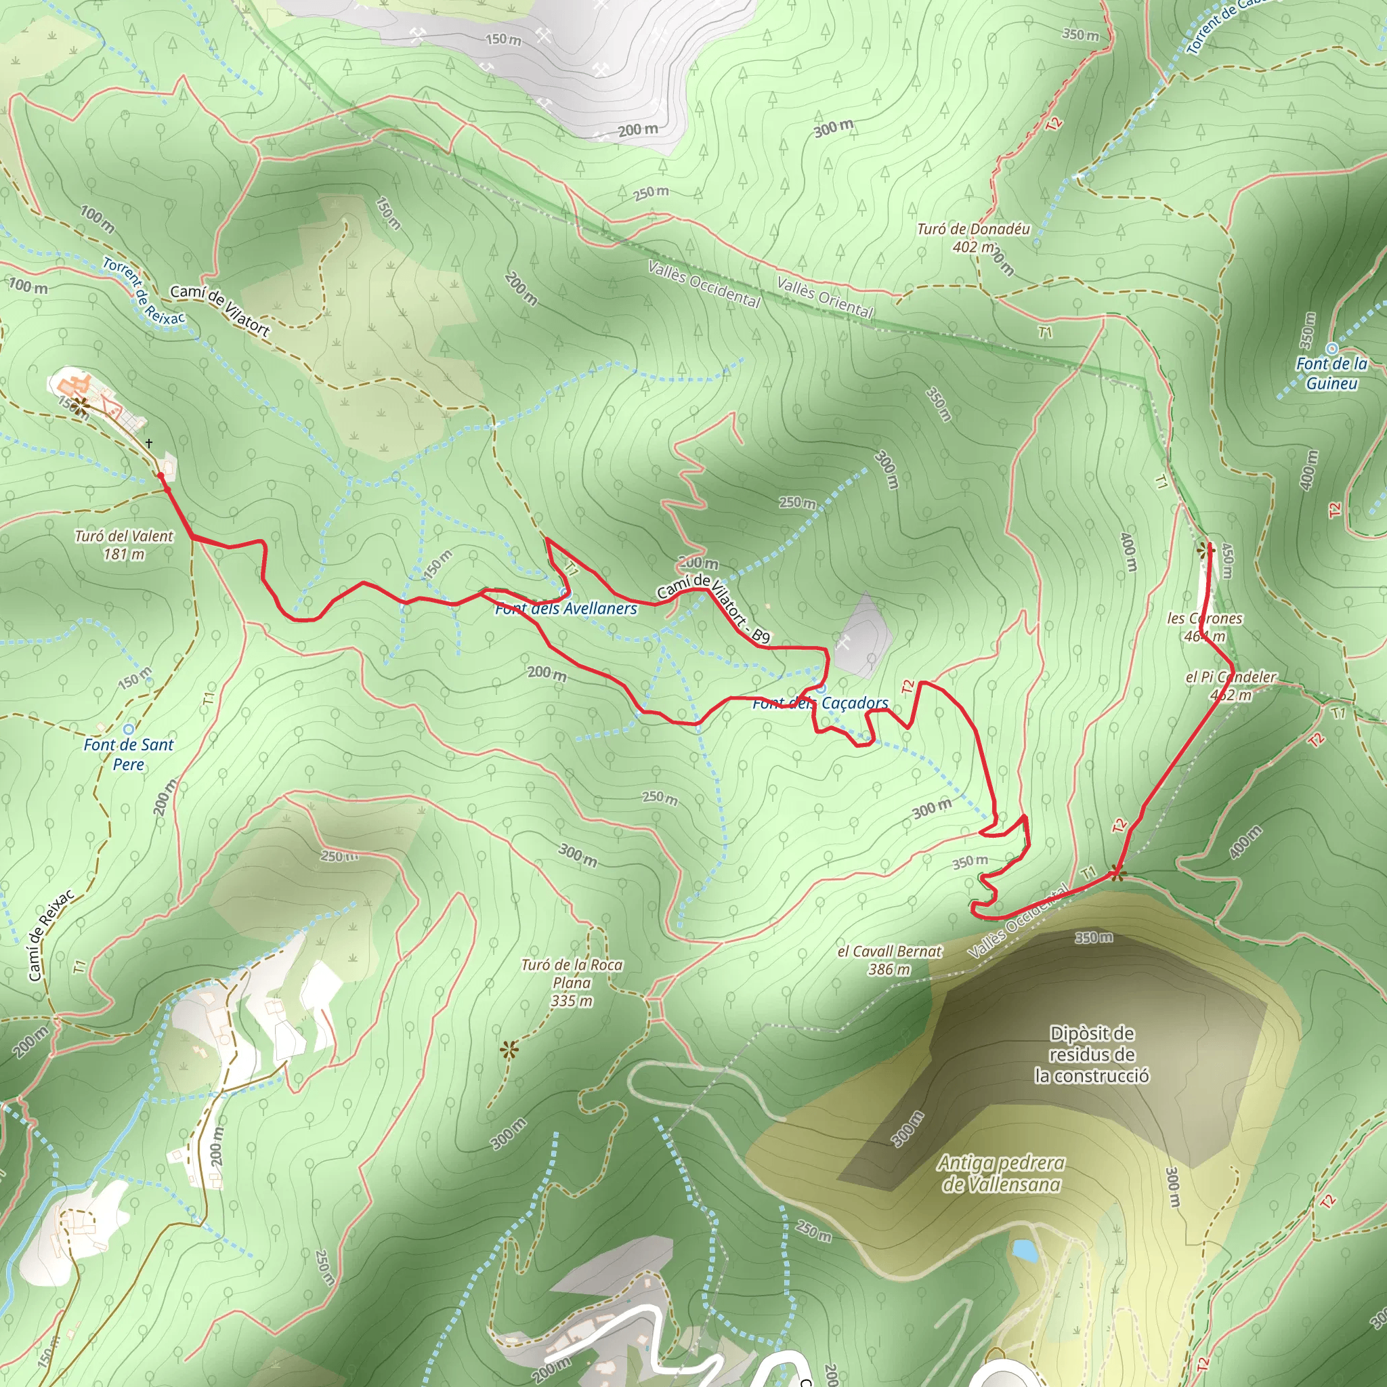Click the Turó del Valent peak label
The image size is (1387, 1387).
click(123, 545)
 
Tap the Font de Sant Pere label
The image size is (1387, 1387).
click(129, 754)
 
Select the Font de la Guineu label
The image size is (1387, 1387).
click(1331, 373)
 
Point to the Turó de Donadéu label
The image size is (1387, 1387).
click(973, 238)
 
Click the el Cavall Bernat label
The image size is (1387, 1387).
click(889, 960)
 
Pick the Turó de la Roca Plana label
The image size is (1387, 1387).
click(572, 982)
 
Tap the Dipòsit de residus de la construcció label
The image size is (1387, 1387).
click(1092, 1054)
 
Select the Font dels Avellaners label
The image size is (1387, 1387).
click(566, 609)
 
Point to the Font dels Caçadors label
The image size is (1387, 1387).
click(820, 704)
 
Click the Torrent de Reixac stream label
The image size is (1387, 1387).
click(144, 291)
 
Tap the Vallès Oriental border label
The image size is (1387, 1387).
click(825, 297)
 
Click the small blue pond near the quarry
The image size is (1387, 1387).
click(1025, 1250)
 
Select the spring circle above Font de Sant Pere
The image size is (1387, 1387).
click(129, 729)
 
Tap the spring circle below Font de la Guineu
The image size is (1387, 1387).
click(1332, 349)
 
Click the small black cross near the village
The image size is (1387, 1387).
click(148, 443)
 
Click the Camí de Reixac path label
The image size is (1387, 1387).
click(51, 936)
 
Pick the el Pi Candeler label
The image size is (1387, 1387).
click(1231, 685)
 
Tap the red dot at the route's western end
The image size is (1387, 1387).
click(161, 476)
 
